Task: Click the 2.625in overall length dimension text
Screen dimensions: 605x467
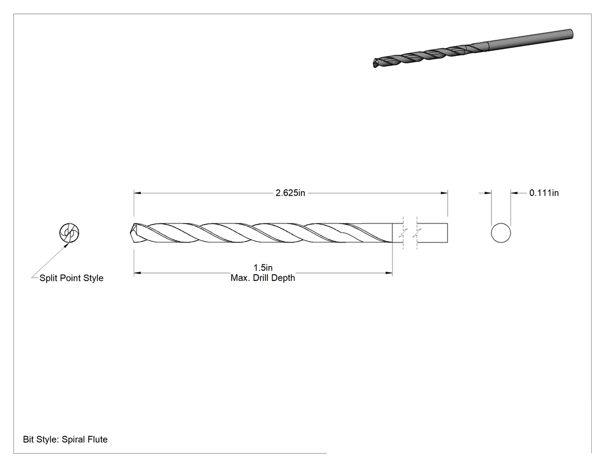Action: coord(290,193)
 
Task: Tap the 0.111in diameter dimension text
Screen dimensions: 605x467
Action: coord(544,193)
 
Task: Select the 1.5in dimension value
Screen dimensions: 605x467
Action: coord(263,268)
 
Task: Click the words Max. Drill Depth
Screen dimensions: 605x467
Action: coord(263,278)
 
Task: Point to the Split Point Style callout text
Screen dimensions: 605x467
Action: coord(71,278)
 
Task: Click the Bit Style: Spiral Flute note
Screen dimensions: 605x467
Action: coord(65,439)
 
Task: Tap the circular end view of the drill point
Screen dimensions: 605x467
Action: coord(69,233)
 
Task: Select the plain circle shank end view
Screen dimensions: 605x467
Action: coord(501,233)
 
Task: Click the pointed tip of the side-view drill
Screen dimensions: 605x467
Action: coord(131,233)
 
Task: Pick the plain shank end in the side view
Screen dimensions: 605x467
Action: coord(432,233)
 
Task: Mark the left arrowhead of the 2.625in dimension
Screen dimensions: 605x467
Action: coord(137,193)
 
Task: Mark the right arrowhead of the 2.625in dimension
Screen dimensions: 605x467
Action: coord(444,193)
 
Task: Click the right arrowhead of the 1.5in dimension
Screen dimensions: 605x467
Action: coord(389,273)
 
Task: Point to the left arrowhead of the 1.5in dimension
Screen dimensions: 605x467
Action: coord(137,273)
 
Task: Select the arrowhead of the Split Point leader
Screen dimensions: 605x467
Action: coord(66,244)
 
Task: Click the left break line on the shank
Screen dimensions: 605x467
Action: coord(404,233)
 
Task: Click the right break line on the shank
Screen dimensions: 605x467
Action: coord(418,233)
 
